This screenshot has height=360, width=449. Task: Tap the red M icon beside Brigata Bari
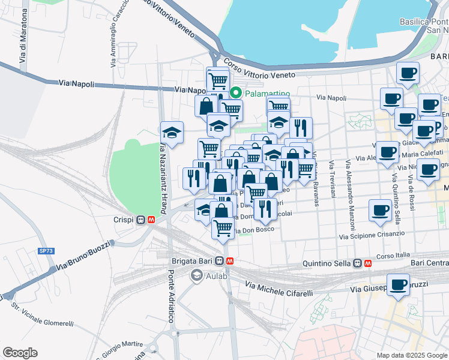click(x=231, y=261)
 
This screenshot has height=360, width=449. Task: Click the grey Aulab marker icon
click(x=196, y=275)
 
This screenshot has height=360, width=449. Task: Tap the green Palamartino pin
click(x=236, y=93)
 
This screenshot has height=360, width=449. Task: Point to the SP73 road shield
click(x=45, y=251)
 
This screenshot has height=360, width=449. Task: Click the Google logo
click(x=20, y=353)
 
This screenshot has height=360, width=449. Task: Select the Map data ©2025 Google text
click(x=411, y=355)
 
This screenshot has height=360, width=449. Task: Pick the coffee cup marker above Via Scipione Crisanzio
click(x=380, y=210)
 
